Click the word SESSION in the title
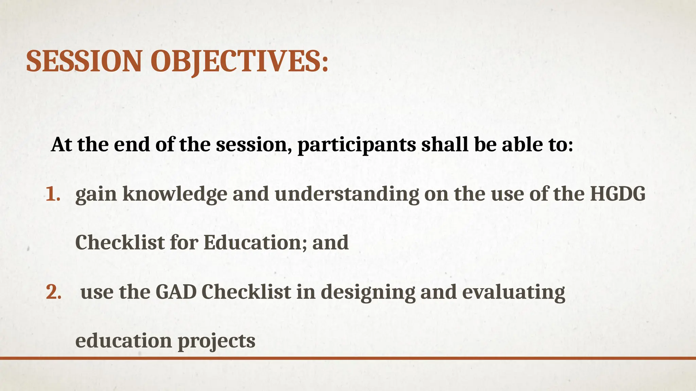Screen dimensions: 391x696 coord(84,61)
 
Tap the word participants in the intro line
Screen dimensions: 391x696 coord(356,145)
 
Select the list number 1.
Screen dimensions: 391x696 coord(53,194)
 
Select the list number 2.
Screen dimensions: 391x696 coord(53,292)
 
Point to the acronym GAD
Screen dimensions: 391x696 coord(176,292)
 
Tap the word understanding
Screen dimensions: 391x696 coord(347,195)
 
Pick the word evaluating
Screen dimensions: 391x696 coord(513,293)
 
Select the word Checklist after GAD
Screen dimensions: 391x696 coord(246,292)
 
